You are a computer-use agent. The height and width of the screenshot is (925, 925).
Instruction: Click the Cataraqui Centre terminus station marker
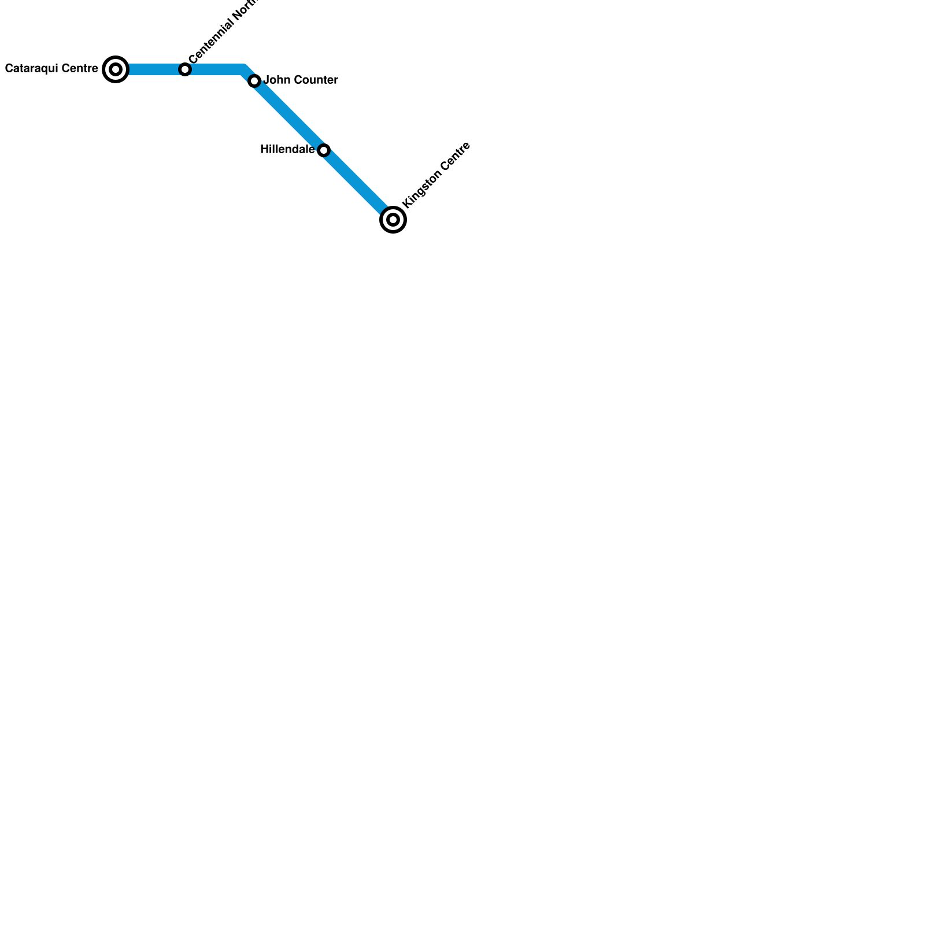point(116,69)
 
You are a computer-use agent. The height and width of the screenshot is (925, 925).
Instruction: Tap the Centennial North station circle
point(185,69)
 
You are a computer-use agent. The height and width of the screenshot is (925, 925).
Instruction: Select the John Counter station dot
point(254,81)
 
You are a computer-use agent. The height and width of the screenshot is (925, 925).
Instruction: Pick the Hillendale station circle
point(324,150)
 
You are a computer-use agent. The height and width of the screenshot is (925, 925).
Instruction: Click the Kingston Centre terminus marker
point(393,220)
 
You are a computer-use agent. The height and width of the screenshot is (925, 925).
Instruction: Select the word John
point(275,80)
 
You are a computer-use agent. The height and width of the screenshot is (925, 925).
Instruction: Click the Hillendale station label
point(287,150)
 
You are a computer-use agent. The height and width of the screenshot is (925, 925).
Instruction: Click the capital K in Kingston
point(406,203)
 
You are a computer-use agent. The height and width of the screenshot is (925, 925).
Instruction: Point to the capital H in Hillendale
point(264,150)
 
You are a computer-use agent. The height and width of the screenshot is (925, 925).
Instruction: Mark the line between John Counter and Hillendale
point(289,116)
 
